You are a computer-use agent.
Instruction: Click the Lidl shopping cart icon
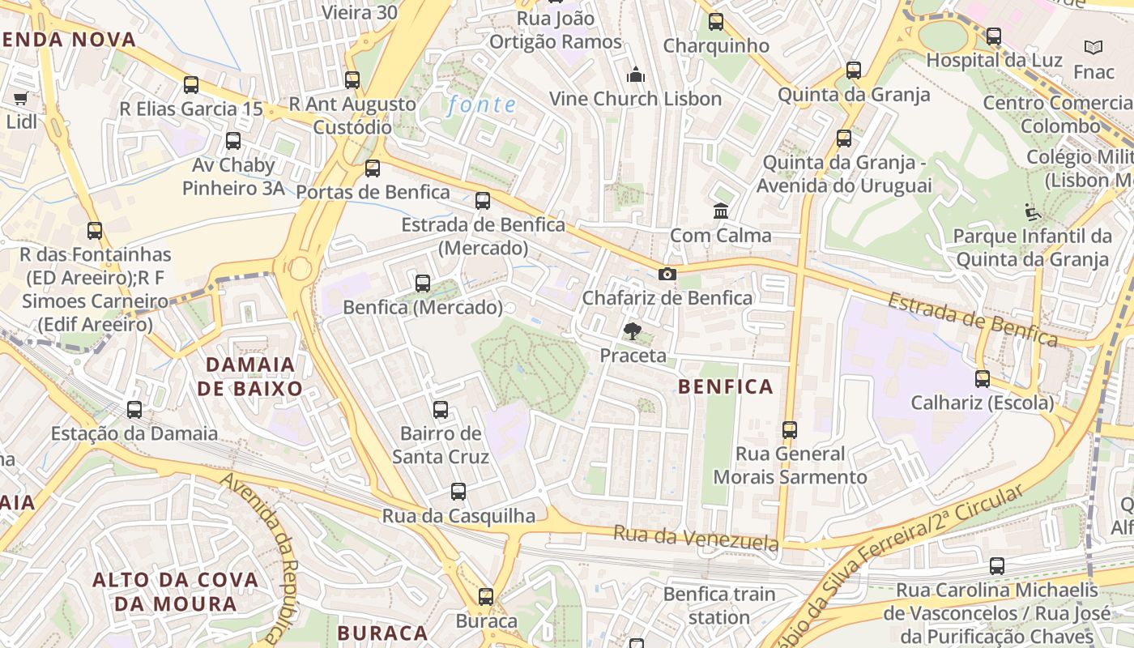click(x=20, y=98)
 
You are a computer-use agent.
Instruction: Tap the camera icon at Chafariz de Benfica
click(x=667, y=275)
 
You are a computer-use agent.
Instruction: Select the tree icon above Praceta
click(x=632, y=330)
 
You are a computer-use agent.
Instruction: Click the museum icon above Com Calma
click(x=720, y=211)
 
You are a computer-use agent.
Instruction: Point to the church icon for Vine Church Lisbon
click(x=636, y=75)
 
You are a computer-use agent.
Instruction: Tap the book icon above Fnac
click(x=1093, y=48)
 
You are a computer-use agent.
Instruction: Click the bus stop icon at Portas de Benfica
click(x=373, y=168)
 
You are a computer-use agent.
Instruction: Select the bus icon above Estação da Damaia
click(x=134, y=410)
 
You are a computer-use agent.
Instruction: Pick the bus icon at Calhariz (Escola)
click(x=983, y=378)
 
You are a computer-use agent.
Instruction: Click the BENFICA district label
click(x=726, y=387)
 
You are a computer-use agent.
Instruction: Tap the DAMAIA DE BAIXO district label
click(x=249, y=377)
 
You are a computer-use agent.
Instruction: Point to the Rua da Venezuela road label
click(x=696, y=538)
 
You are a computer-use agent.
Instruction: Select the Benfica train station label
click(x=719, y=605)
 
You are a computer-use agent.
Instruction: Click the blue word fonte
click(x=481, y=104)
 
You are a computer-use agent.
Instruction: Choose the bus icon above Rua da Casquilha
click(x=458, y=491)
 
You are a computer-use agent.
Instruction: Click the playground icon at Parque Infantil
click(x=1033, y=212)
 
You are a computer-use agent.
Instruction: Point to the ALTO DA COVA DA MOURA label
click(x=175, y=591)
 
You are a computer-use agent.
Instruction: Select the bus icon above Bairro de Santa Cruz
click(x=441, y=409)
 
